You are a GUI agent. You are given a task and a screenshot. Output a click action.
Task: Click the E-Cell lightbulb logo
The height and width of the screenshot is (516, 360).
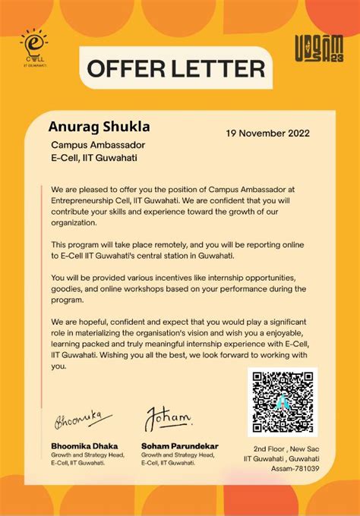(33, 46)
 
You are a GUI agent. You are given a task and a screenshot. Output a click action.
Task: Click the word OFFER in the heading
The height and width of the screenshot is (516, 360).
(125, 69)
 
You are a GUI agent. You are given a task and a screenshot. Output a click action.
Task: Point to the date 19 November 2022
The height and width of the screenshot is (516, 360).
(267, 134)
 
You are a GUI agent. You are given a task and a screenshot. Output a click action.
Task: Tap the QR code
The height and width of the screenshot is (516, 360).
(283, 402)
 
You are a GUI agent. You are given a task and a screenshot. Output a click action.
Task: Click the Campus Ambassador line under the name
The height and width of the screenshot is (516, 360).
(98, 144)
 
